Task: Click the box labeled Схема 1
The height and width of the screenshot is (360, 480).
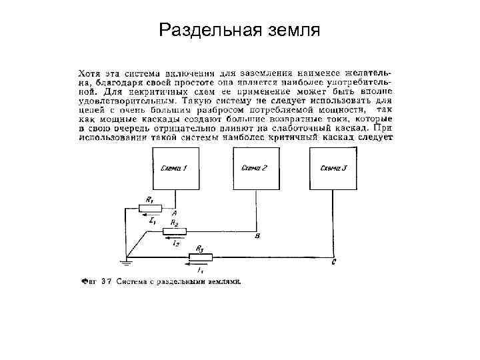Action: (x=174, y=169)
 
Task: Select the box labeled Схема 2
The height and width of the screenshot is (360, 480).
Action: (x=254, y=169)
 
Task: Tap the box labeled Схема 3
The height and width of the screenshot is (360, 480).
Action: (x=333, y=169)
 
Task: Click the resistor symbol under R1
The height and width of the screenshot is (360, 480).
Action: (x=150, y=207)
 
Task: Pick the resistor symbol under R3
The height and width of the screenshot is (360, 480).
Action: (x=200, y=257)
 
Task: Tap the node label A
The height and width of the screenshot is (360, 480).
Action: (x=174, y=213)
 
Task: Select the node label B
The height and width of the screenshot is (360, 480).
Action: (x=257, y=236)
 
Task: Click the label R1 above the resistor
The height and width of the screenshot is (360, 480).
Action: (x=149, y=199)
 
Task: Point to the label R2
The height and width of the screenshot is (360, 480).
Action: (x=174, y=223)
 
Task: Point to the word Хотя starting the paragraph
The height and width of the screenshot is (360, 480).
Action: (x=89, y=71)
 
